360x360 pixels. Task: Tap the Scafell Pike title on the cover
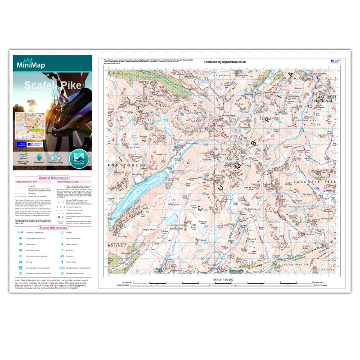[46, 85]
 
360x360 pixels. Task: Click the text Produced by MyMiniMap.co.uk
[225, 62]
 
